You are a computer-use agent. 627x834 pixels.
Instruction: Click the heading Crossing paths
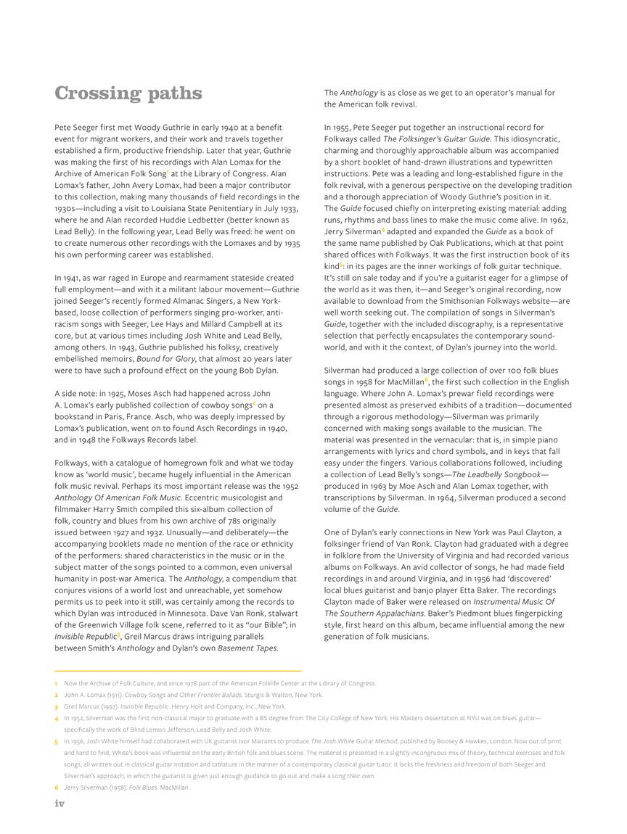(x=128, y=94)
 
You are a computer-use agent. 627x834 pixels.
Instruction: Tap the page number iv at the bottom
(x=60, y=803)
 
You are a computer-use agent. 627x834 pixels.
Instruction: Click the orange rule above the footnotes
(x=178, y=671)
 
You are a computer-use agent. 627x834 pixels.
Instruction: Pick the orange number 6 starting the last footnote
(x=56, y=788)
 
